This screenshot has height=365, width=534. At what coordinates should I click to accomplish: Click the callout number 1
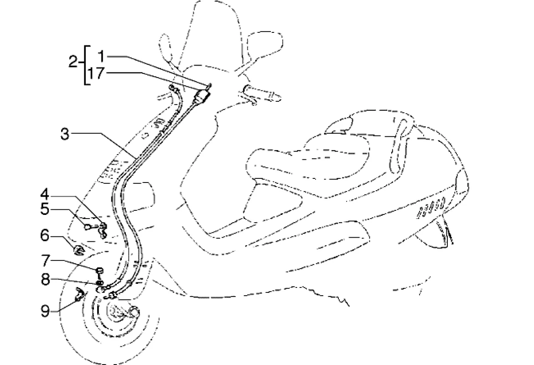[102, 57]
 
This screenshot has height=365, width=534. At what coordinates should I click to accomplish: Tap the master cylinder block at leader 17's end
[202, 96]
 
